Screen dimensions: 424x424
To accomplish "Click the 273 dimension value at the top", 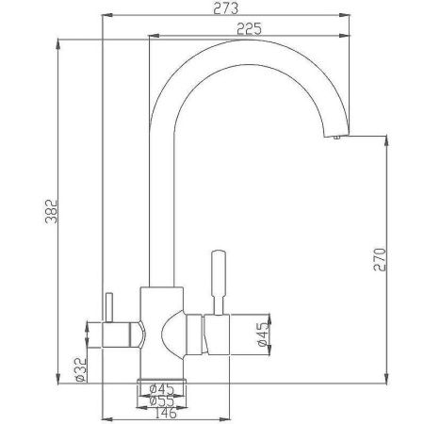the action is click(x=225, y=8).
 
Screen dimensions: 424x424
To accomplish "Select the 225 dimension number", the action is click(x=249, y=29).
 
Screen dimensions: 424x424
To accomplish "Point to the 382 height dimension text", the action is click(x=52, y=211).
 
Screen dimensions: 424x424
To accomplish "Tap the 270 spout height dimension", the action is click(x=380, y=259).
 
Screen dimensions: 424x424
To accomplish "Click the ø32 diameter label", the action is click(x=81, y=369).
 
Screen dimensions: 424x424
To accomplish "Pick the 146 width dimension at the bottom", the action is click(x=166, y=413).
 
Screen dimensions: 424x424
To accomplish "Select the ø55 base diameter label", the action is click(x=161, y=401).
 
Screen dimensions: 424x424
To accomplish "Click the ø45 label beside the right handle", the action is click(x=264, y=334).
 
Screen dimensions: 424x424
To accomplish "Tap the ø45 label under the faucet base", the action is click(x=161, y=389).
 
